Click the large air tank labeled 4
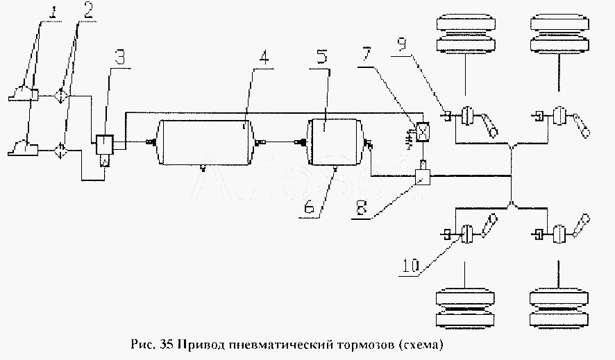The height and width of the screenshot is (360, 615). click(x=203, y=142)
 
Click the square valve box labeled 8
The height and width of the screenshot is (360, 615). click(x=421, y=177)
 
